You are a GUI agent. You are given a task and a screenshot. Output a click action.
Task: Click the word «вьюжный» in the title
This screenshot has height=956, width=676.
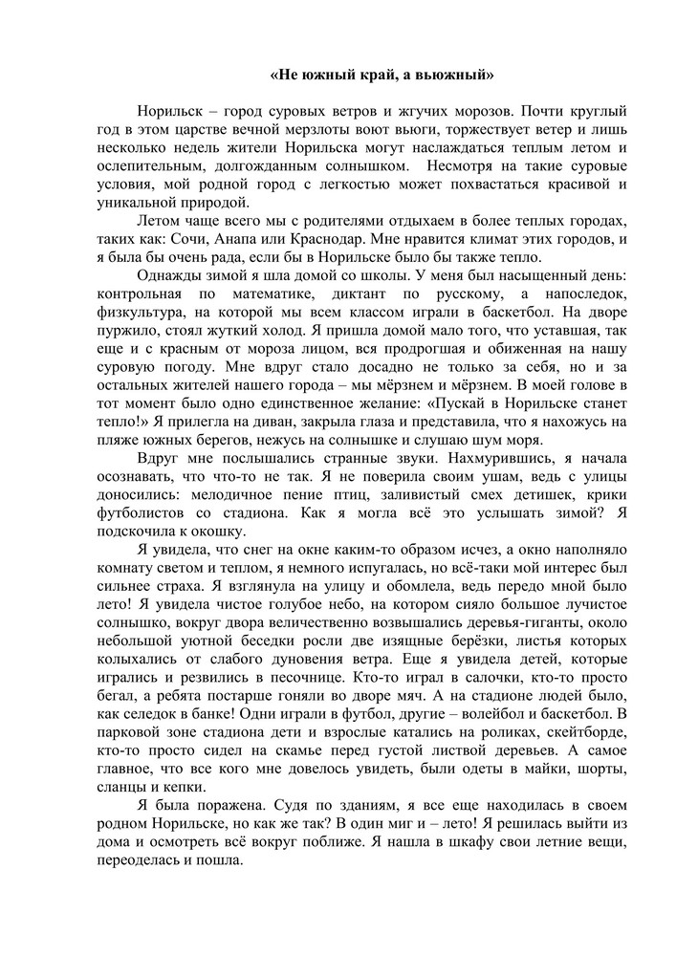(x=452, y=73)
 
